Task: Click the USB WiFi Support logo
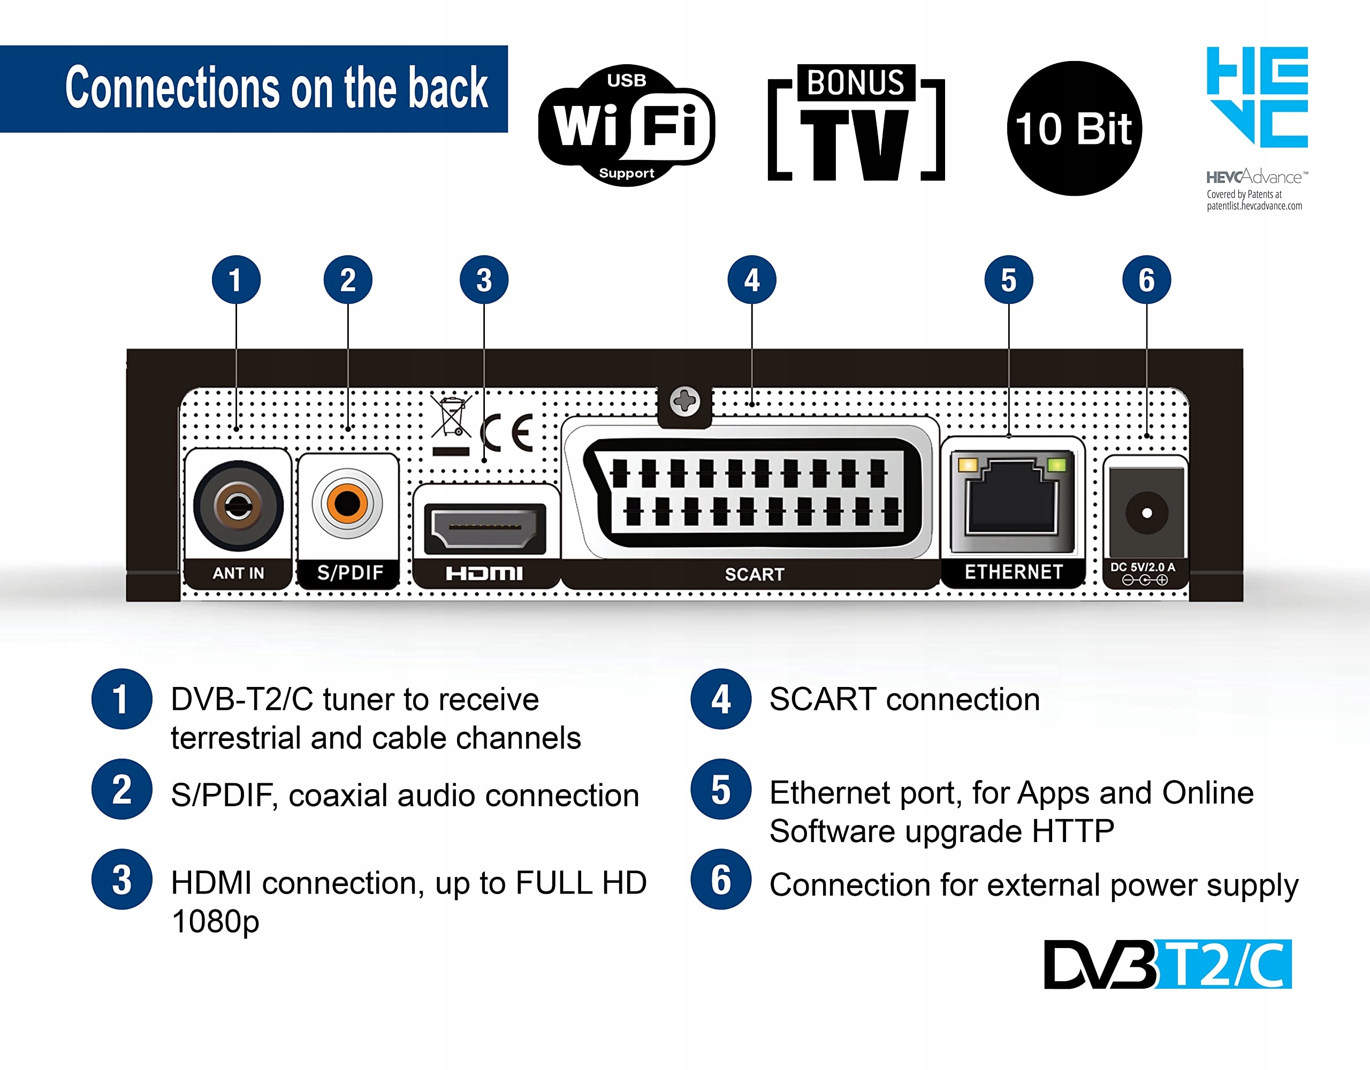pyautogui.click(x=626, y=125)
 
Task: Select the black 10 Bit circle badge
pyautogui.click(x=1074, y=128)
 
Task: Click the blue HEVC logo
pyautogui.click(x=1257, y=97)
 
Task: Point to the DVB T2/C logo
pyautogui.click(x=1167, y=964)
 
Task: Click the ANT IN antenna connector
pyautogui.click(x=238, y=505)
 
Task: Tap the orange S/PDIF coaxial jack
pyautogui.click(x=347, y=503)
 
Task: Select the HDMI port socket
pyautogui.click(x=484, y=528)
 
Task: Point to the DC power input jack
pyautogui.click(x=1146, y=513)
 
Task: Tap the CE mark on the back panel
pyautogui.click(x=507, y=433)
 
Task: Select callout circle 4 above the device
pyautogui.click(x=751, y=280)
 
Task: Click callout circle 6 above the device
pyautogui.click(x=1146, y=280)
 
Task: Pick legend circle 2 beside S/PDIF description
pyautogui.click(x=121, y=789)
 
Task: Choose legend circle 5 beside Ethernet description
pyautogui.click(x=721, y=789)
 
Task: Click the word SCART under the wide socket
pyautogui.click(x=754, y=574)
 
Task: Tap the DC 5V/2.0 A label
pyautogui.click(x=1143, y=567)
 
